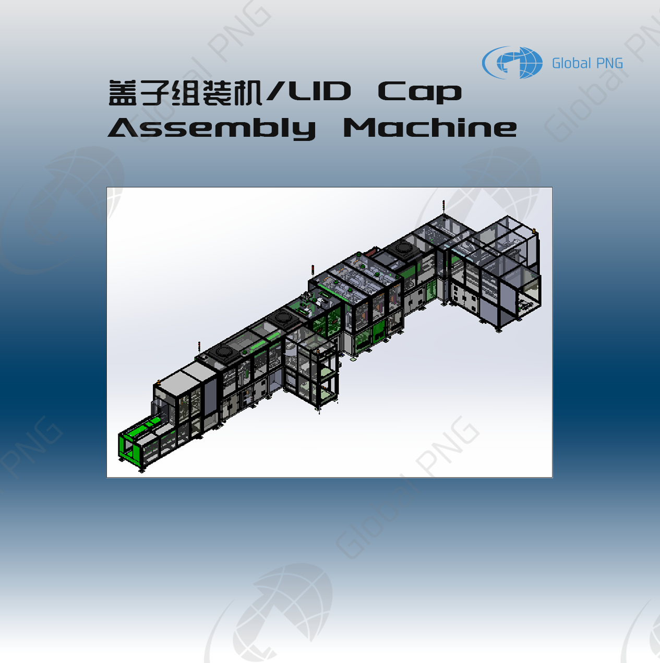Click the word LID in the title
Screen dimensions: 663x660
[320, 92]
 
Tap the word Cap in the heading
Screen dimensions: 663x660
[419, 92]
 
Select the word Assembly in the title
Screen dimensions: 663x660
[212, 128]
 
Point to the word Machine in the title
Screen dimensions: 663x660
[430, 128]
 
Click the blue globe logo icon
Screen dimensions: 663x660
[513, 63]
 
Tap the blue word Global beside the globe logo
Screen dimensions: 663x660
[571, 64]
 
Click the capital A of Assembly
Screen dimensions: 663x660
[123, 128]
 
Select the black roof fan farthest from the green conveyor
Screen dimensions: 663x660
[403, 247]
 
